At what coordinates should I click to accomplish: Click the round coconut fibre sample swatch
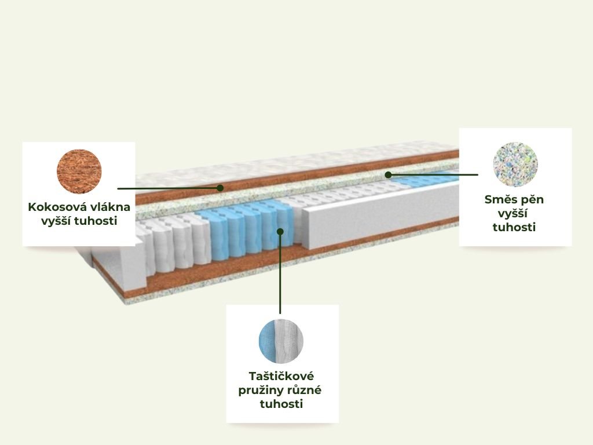click(x=79, y=172)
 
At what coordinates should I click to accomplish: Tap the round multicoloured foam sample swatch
click(x=515, y=165)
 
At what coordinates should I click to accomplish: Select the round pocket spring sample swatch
click(x=281, y=341)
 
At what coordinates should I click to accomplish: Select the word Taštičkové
click(x=281, y=376)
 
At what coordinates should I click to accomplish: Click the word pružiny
click(x=260, y=391)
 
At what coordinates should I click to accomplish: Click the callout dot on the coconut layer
click(x=220, y=188)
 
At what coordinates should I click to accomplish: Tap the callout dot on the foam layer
click(x=388, y=175)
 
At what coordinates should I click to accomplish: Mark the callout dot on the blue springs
click(x=280, y=232)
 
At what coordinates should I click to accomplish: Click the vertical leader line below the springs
click(x=280, y=272)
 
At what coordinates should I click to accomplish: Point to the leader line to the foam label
click(x=433, y=175)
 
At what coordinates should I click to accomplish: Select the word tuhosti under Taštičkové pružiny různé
click(x=281, y=404)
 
